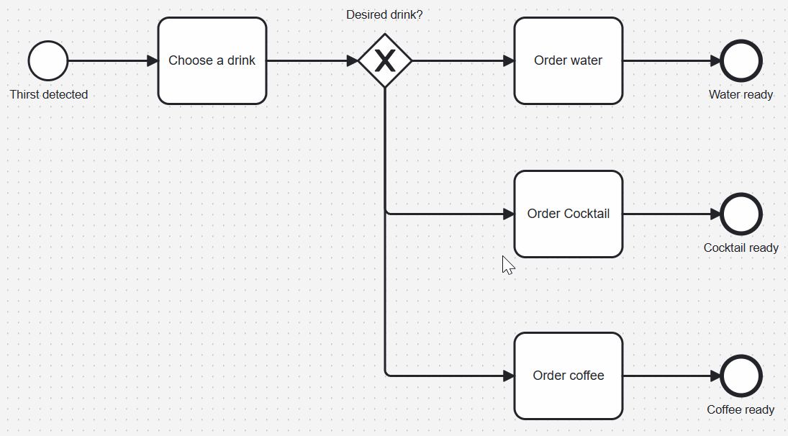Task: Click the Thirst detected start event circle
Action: tap(48, 61)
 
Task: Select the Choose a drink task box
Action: tap(212, 61)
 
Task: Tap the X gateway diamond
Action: tap(385, 61)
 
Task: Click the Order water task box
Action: tap(568, 61)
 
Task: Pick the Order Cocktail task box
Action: tap(568, 214)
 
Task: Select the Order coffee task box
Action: tap(568, 376)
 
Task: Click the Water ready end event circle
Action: tap(741, 61)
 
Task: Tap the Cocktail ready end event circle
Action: tap(741, 214)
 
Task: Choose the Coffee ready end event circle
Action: tap(741, 376)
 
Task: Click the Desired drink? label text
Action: tap(384, 14)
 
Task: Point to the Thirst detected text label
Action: tap(49, 94)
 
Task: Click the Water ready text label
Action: tap(741, 94)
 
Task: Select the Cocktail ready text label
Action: tap(741, 247)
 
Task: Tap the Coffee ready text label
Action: tap(741, 409)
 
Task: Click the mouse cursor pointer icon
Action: tap(507, 265)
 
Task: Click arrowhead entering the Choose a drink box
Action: tap(152, 61)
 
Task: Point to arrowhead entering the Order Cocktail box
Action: tap(508, 214)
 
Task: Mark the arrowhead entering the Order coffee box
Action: tap(508, 376)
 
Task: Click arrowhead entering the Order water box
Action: tap(508, 61)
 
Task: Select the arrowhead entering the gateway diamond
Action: tap(352, 61)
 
